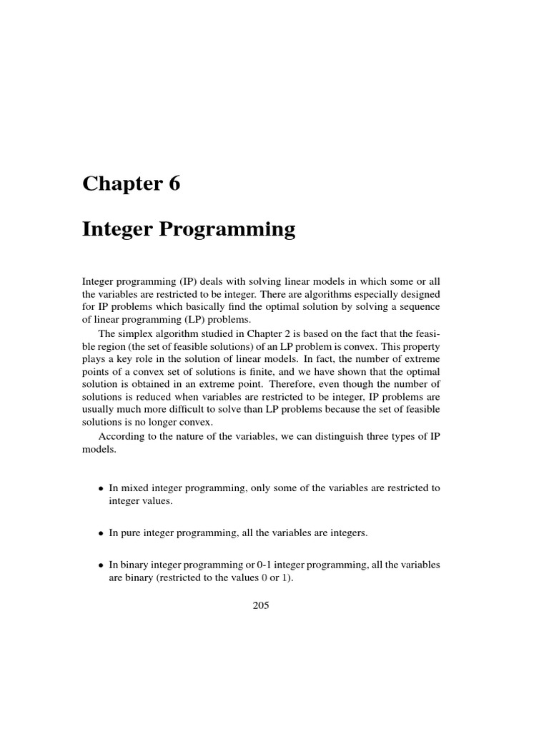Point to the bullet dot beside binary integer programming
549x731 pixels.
pos(101,565)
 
